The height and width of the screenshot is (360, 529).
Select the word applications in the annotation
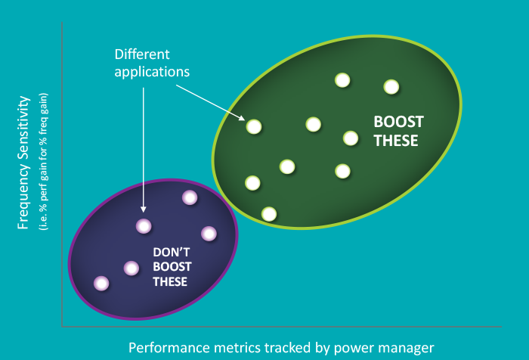click(152, 72)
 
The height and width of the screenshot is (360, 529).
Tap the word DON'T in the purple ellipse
click(172, 253)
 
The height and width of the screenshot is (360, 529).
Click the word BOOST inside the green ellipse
click(399, 121)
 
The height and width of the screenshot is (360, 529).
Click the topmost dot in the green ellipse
click(342, 79)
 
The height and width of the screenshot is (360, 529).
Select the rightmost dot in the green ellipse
click(391, 87)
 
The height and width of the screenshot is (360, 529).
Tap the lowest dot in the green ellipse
click(268, 214)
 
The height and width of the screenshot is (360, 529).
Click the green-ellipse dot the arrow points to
click(254, 127)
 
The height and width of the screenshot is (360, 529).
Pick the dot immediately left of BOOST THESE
click(351, 138)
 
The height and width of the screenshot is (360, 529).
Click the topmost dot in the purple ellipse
click(190, 197)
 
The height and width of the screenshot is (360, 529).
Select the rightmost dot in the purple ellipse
click(209, 233)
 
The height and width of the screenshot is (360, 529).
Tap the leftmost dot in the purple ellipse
click(101, 283)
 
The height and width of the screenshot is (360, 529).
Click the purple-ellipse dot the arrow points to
click(144, 225)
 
